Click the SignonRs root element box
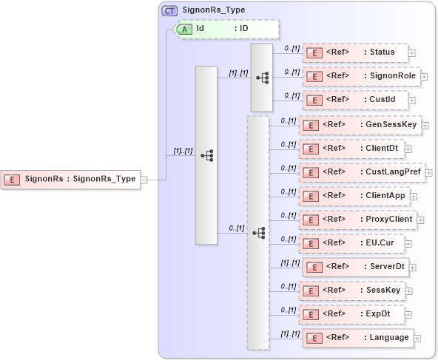tap(70, 179)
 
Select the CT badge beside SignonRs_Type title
tap(169, 10)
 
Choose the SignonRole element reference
tap(360, 76)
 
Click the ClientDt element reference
tap(352, 149)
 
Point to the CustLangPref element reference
tap(362, 172)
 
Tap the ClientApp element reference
tap(355, 196)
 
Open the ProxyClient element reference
tap(359, 220)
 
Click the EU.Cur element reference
tap(352, 242)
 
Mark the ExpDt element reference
tap(352, 313)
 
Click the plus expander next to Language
tap(417, 338)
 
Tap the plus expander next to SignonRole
tap(424, 76)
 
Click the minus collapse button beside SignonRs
tap(144, 179)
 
